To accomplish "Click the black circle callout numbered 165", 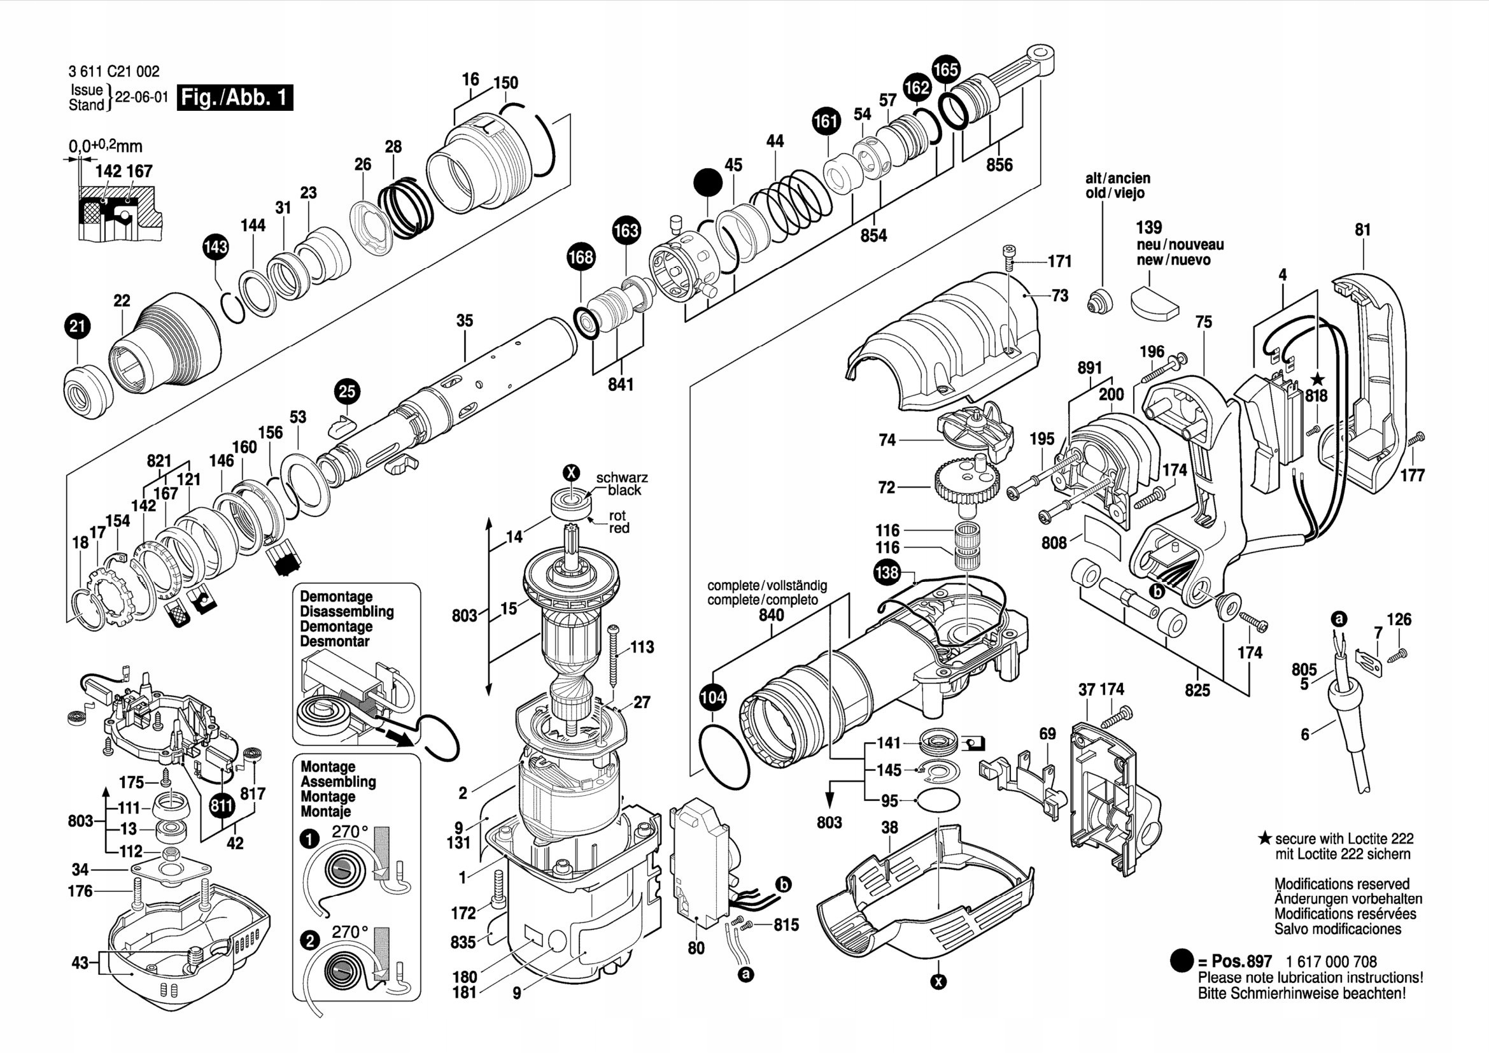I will (x=945, y=69).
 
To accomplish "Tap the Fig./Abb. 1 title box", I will (x=234, y=97).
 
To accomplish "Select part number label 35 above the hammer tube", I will (x=464, y=320).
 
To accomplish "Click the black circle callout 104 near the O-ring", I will (x=713, y=698).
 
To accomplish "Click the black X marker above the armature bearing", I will (x=570, y=472).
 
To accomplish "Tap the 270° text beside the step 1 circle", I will (x=349, y=832).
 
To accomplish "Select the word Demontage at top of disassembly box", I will (x=336, y=597).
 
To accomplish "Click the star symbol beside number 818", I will (x=1316, y=379).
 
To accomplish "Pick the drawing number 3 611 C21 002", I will (x=113, y=72).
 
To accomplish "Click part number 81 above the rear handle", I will (x=1362, y=230).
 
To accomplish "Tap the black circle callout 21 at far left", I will (x=77, y=326).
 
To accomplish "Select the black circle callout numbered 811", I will (x=222, y=807).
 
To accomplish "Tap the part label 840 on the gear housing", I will (x=771, y=615).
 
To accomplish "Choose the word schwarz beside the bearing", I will (x=621, y=478).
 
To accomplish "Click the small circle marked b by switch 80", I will (x=784, y=884).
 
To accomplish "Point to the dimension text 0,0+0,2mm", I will (x=105, y=147).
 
